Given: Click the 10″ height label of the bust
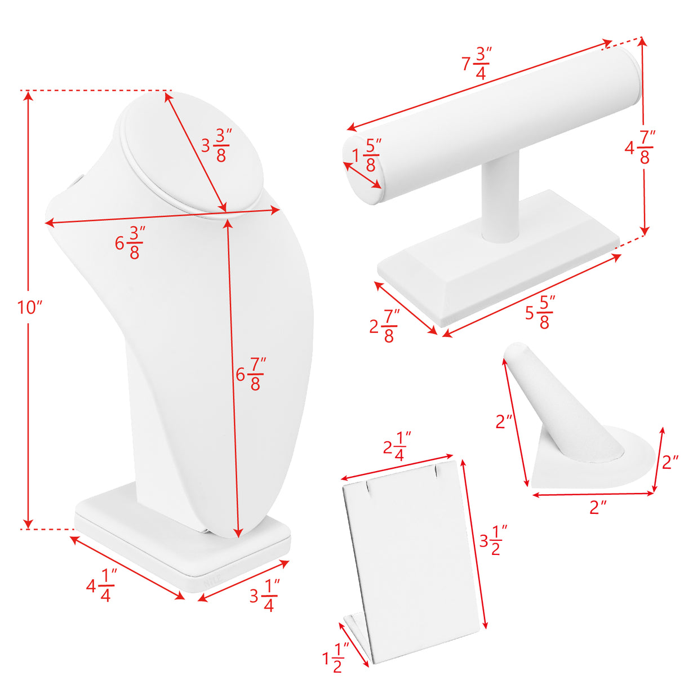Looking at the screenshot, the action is (30, 308).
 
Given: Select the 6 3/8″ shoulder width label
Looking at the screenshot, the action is (130, 243).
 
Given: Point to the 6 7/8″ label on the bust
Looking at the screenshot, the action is (251, 374).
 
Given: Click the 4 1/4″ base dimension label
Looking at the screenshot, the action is (102, 585).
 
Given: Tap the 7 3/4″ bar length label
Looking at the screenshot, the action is (477, 64).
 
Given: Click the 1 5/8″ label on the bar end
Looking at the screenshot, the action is (367, 155).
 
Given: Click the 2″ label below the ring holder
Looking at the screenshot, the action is (598, 507).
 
